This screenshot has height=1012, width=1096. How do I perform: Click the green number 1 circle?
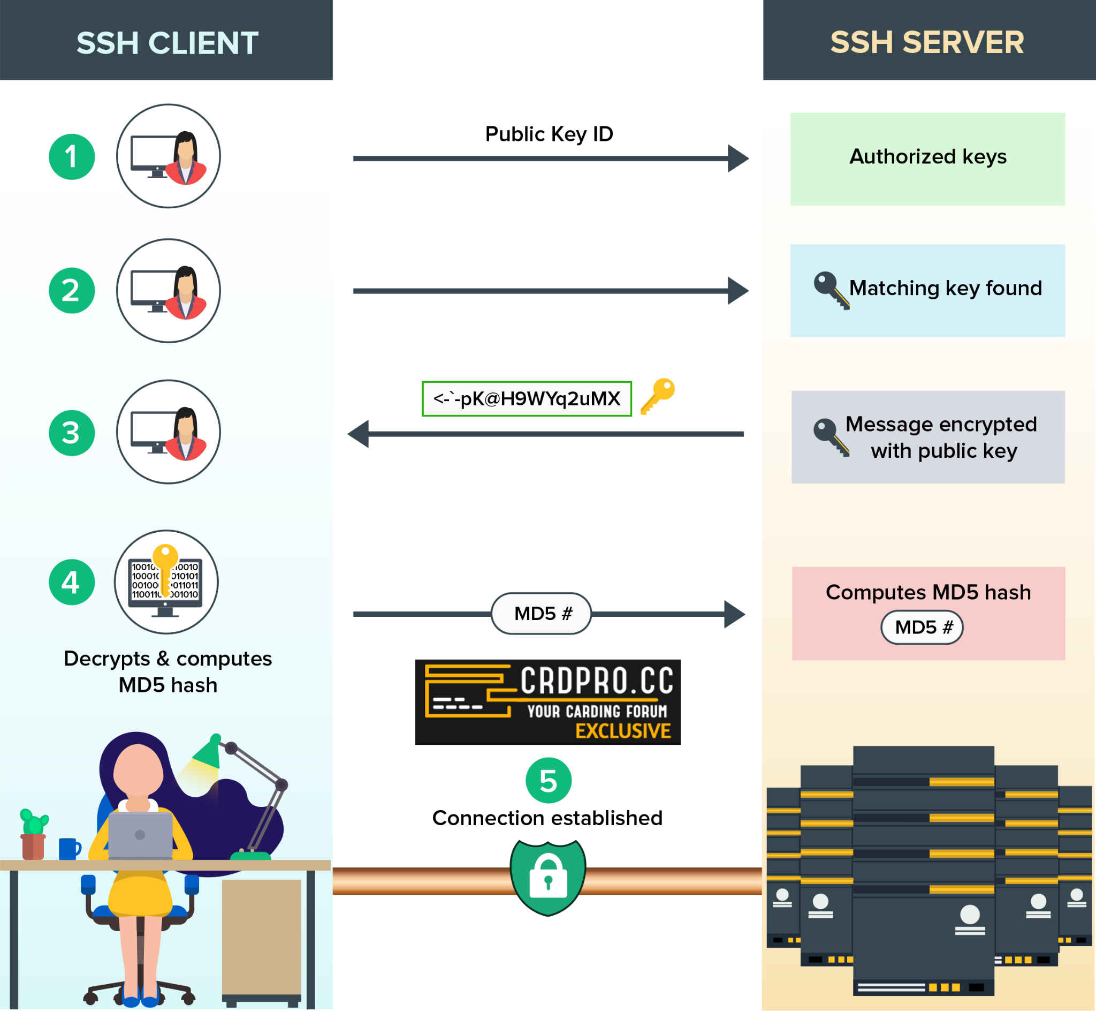(x=72, y=156)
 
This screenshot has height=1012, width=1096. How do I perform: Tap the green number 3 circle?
(x=72, y=433)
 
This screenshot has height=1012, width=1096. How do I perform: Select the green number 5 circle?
(x=549, y=780)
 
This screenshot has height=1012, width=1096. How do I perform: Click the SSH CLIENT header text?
(x=167, y=43)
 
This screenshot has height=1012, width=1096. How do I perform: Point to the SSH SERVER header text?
(x=927, y=42)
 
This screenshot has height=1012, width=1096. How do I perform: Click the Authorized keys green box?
(x=927, y=159)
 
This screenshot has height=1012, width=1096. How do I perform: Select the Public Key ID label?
(x=549, y=134)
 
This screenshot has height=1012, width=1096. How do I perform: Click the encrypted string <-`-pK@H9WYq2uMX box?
(x=527, y=399)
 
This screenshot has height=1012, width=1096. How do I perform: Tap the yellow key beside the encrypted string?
(x=658, y=395)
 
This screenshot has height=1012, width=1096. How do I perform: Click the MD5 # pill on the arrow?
(x=542, y=613)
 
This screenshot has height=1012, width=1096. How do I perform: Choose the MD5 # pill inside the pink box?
(x=922, y=627)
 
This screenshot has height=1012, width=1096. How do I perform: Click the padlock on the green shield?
(x=549, y=877)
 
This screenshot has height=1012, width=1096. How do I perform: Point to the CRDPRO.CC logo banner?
(x=547, y=702)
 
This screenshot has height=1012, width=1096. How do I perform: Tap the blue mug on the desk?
(x=69, y=848)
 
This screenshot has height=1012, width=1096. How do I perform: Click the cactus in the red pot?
(x=34, y=823)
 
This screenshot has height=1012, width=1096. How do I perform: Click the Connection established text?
(x=547, y=818)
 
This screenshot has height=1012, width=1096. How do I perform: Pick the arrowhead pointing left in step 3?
(x=359, y=434)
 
